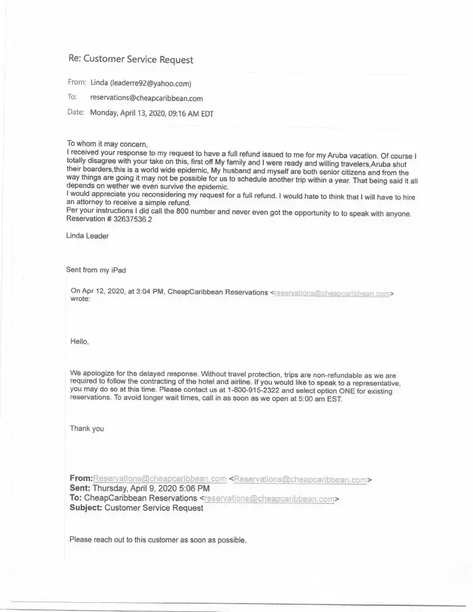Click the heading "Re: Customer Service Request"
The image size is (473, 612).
coord(130,60)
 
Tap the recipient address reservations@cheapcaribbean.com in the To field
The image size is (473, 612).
coord(146,98)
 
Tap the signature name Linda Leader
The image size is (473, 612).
coord(88,236)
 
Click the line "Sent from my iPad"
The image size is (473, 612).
coord(95,270)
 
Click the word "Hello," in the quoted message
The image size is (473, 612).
coord(80,341)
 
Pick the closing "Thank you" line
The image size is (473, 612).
coord(87,428)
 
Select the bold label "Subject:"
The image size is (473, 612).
coord(86,508)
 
